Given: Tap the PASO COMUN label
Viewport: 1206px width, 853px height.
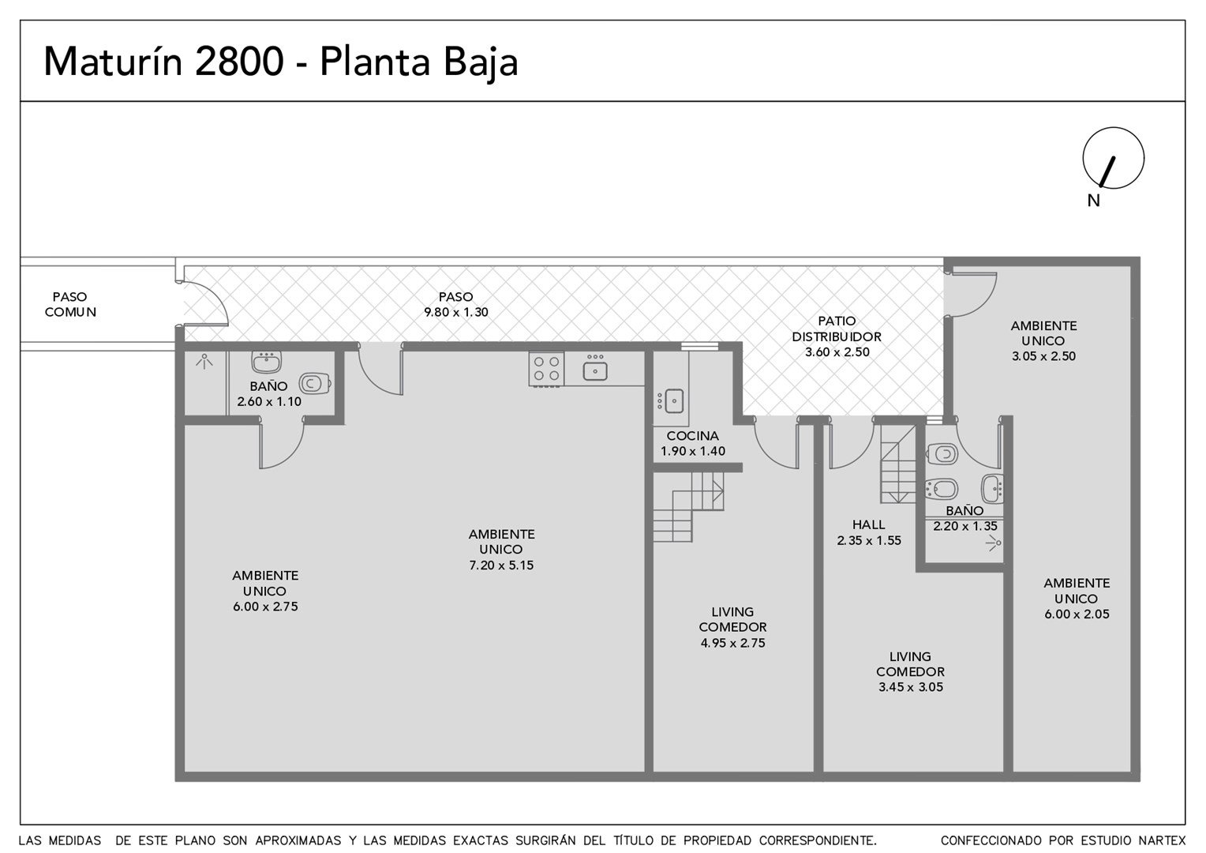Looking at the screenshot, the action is tap(70, 304).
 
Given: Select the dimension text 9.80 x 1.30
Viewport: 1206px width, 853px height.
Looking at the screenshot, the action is tap(456, 312).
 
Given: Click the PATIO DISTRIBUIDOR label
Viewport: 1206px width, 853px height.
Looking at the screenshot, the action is tap(837, 329).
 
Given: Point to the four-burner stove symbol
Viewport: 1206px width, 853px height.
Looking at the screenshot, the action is tap(546, 369).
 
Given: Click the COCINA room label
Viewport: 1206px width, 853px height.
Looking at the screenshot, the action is tap(692, 436).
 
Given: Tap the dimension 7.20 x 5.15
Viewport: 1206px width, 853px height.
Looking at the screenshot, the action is tap(501, 566).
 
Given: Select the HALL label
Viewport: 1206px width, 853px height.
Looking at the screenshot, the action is tap(868, 524).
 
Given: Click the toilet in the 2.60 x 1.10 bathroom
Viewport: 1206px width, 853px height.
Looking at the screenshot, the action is tap(314, 384).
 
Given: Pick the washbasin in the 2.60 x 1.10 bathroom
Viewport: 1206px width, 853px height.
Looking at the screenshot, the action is tap(267, 362).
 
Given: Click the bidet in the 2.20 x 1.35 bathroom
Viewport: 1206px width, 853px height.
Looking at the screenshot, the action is tap(942, 490).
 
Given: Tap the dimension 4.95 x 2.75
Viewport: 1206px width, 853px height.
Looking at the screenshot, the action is tap(732, 643).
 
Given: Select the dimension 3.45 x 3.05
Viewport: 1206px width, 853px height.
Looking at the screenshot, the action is tap(911, 687).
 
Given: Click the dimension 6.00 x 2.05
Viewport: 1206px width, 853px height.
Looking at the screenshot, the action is tap(1077, 614).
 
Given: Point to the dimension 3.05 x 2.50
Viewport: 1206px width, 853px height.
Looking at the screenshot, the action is tap(1043, 356).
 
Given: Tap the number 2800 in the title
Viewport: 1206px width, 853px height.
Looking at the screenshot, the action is tap(239, 62).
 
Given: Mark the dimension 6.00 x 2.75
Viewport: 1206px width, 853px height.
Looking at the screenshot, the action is tap(265, 607).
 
